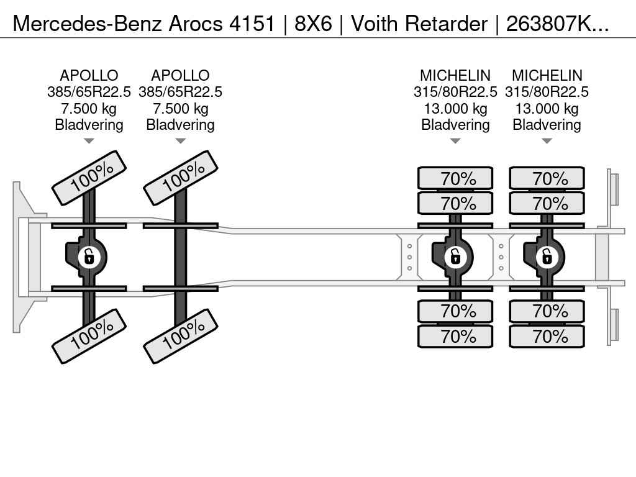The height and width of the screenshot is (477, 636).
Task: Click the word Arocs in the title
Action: pyautogui.click(x=196, y=24)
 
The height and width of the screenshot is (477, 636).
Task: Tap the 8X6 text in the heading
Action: pyautogui.click(x=313, y=24)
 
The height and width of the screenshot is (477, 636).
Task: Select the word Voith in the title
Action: pyautogui.click(x=375, y=24)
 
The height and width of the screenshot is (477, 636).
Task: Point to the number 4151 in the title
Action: pyautogui.click(x=252, y=24)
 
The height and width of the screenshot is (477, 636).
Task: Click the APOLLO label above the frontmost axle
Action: pyautogui.click(x=89, y=75)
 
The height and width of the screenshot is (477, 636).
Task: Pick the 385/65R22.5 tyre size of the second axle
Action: pyautogui.click(x=181, y=92)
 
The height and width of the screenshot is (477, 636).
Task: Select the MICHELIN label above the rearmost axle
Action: pyautogui.click(x=547, y=75)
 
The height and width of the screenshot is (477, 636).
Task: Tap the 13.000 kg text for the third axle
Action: pyautogui.click(x=455, y=109)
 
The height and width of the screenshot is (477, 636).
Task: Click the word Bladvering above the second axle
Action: pyautogui.click(x=181, y=125)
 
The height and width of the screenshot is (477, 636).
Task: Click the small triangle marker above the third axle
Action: pyautogui.click(x=455, y=141)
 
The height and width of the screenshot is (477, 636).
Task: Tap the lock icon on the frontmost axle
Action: pyautogui.click(x=89, y=257)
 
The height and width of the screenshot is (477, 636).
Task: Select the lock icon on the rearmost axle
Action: pyautogui.click(x=547, y=257)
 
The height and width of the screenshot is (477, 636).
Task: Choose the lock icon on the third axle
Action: pyautogui.click(x=455, y=257)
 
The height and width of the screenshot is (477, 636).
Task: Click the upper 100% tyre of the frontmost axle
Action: pyautogui.click(x=89, y=178)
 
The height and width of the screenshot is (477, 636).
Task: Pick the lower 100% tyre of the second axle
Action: pyautogui.click(x=181, y=336)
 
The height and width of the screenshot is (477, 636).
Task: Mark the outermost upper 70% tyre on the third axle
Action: pyautogui.click(x=455, y=178)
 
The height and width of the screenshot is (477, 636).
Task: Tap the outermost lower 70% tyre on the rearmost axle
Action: pyautogui.click(x=547, y=336)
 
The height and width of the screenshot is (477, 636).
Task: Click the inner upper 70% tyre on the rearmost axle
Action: pyautogui.click(x=547, y=203)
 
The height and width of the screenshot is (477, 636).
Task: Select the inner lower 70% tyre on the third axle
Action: pyautogui.click(x=455, y=311)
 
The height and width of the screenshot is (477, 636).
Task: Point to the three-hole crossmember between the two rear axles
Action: pyautogui.click(x=501, y=257)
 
